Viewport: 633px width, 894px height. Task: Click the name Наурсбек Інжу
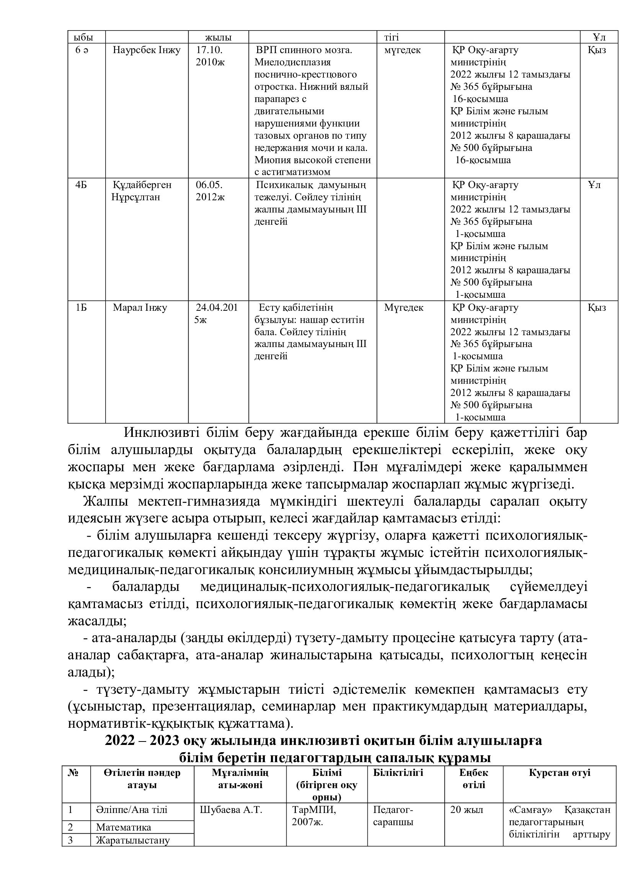(147, 50)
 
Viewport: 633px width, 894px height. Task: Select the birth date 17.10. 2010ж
(210, 56)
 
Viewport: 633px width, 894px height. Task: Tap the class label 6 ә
(82, 50)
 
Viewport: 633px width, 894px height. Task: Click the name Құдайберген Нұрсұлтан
(142, 191)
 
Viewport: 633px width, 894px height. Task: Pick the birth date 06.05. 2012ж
(210, 191)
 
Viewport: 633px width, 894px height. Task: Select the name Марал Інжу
(140, 308)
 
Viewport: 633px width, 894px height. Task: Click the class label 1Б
(81, 308)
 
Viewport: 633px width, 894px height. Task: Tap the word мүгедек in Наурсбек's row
(402, 50)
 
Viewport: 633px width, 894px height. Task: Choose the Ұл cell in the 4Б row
(594, 185)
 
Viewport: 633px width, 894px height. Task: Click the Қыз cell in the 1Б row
(597, 308)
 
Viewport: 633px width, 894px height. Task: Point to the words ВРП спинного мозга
(304, 50)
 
